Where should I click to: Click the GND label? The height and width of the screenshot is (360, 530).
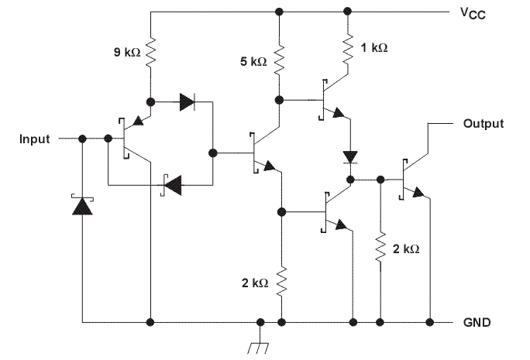coord(475,321)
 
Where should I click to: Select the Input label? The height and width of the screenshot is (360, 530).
coord(34,139)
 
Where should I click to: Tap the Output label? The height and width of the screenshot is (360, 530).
coord(483,123)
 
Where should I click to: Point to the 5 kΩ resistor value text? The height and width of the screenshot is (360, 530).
coord(254,62)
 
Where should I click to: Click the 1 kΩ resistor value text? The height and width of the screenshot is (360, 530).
coord(375,47)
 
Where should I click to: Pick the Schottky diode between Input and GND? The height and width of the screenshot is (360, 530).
coord(81,206)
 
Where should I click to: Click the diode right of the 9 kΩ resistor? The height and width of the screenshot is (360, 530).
coord(188,101)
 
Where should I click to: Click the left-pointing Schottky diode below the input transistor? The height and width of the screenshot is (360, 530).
coord(172,183)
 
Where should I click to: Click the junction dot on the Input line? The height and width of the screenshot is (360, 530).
coord(81,139)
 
